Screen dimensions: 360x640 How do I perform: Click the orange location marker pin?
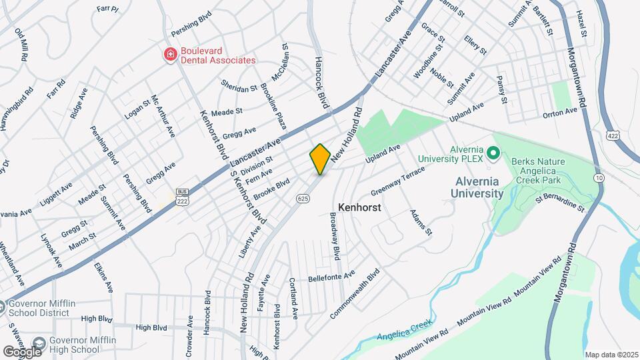(x=320, y=159)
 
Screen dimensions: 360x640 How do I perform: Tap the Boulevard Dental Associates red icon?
(x=171, y=54)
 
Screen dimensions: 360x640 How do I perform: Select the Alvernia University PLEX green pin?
(x=493, y=154)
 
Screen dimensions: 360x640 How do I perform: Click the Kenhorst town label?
(x=359, y=207)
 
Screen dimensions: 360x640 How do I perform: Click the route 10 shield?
(x=599, y=177)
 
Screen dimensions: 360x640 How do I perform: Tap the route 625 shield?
(x=303, y=198)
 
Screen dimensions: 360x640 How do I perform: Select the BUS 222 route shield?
(x=181, y=196)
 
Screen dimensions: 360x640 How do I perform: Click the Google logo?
(x=22, y=351)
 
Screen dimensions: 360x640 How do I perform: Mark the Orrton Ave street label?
(x=560, y=112)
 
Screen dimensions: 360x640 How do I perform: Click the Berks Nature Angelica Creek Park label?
(x=545, y=171)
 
